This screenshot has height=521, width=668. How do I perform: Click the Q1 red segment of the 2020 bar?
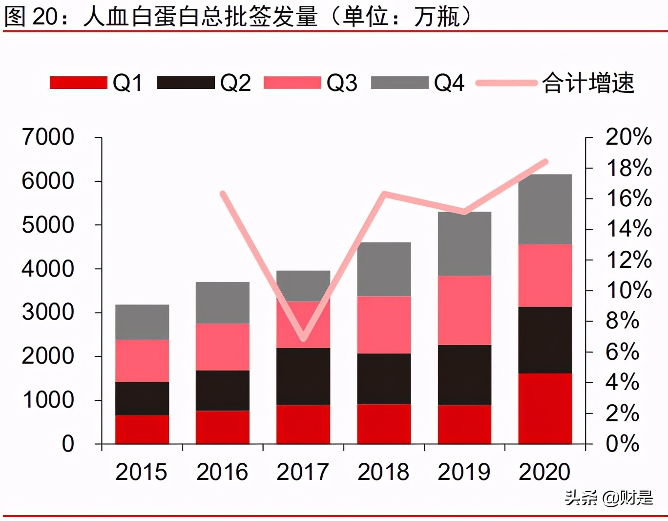[545, 409]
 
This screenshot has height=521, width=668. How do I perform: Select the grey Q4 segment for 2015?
[142, 322]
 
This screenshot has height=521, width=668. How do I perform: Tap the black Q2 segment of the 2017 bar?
[303, 376]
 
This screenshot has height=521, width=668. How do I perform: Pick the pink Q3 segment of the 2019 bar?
[464, 310]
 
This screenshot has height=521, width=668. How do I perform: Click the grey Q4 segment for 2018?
[384, 269]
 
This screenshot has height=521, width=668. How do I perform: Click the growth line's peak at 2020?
[546, 162]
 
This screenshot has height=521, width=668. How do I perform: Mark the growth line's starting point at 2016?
[223, 194]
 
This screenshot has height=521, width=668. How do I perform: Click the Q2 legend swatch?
[186, 83]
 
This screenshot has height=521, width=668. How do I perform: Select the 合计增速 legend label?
[588, 83]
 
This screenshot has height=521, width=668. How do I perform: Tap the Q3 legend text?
[342, 83]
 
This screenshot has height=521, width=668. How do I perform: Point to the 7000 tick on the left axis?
[48, 137]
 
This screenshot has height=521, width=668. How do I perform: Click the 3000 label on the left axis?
[48, 312]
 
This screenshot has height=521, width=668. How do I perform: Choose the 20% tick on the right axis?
[628, 137]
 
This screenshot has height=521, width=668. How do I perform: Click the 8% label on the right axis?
[622, 321]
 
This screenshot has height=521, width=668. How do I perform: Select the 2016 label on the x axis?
[222, 472]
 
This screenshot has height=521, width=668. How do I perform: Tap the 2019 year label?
[464, 472]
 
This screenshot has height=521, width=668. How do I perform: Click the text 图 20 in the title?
[31, 16]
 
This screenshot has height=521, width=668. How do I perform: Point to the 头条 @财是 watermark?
[608, 498]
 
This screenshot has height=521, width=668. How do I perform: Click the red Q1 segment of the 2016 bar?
[223, 427]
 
